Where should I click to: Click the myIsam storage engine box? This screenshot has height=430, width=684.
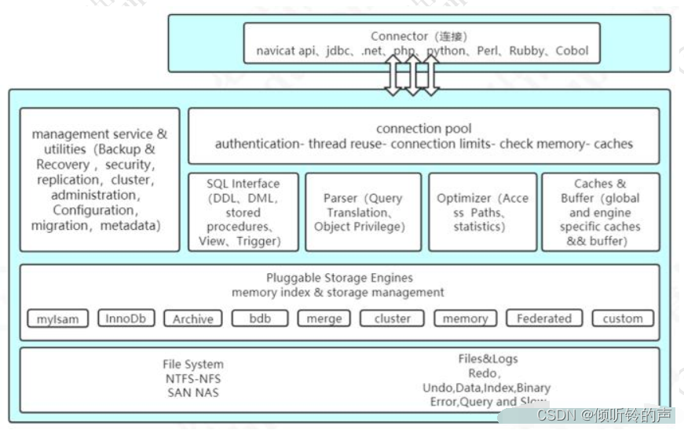click(x=57, y=319)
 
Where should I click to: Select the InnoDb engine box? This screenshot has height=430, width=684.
click(x=126, y=319)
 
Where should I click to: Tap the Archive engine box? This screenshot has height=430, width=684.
click(x=193, y=319)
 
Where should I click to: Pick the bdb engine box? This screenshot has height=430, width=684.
click(x=260, y=319)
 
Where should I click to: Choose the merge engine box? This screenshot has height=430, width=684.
click(x=324, y=319)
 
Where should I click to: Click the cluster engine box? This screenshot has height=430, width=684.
click(x=392, y=319)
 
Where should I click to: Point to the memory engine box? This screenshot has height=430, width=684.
click(x=465, y=319)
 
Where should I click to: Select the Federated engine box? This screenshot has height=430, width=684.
click(x=544, y=319)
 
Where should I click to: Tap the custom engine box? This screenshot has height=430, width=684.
click(x=622, y=319)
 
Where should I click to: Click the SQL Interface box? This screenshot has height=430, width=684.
click(x=243, y=212)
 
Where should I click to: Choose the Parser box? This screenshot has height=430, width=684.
click(x=362, y=212)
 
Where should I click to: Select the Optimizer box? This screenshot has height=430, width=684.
click(x=482, y=212)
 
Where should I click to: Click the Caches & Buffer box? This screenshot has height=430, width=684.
click(x=600, y=212)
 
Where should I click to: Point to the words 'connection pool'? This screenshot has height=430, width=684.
click(x=423, y=129)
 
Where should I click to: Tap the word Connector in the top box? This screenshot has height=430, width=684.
click(x=398, y=36)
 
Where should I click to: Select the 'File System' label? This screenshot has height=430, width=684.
click(x=193, y=364)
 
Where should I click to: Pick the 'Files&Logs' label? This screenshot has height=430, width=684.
click(x=488, y=359)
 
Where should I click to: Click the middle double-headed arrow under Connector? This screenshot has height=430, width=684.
click(x=411, y=75)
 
